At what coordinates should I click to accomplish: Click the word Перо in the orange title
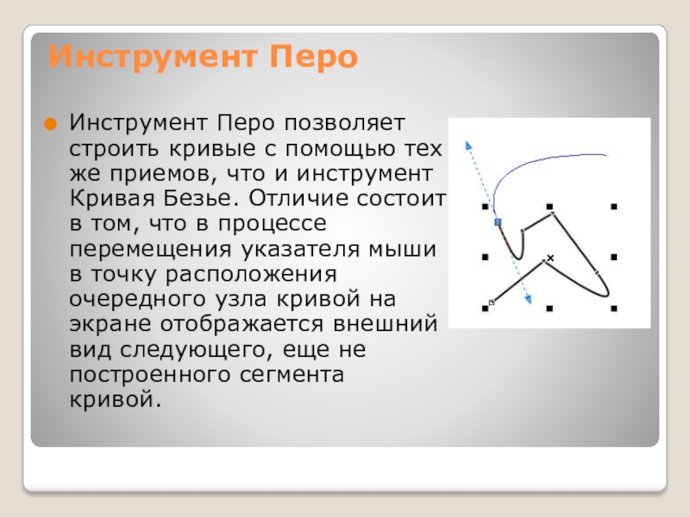click(x=313, y=57)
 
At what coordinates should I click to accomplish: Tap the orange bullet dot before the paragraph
click(x=51, y=124)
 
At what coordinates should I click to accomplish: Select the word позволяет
click(x=344, y=123)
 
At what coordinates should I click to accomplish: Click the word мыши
click(x=402, y=249)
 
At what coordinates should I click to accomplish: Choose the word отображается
click(x=242, y=324)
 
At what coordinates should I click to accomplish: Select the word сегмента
click(x=292, y=375)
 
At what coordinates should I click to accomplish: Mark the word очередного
click(x=138, y=300)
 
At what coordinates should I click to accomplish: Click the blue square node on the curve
click(x=498, y=222)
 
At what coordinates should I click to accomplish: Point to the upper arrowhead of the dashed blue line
click(x=468, y=146)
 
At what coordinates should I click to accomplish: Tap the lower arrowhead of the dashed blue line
click(x=529, y=299)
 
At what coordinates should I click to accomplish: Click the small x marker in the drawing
click(x=550, y=258)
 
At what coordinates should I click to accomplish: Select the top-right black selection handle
click(x=614, y=206)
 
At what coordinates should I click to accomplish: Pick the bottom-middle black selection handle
click(x=549, y=308)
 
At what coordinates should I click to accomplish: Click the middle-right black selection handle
click(x=614, y=257)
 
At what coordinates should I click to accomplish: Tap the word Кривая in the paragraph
click(x=112, y=198)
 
